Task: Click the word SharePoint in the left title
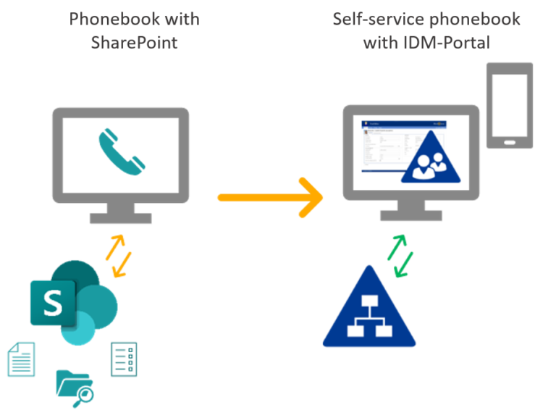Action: pyautogui.click(x=134, y=42)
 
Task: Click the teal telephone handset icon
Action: pyautogui.click(x=122, y=151)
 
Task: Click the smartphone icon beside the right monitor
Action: pyautogui.click(x=510, y=105)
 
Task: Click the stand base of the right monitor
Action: pyautogui.click(x=411, y=215)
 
